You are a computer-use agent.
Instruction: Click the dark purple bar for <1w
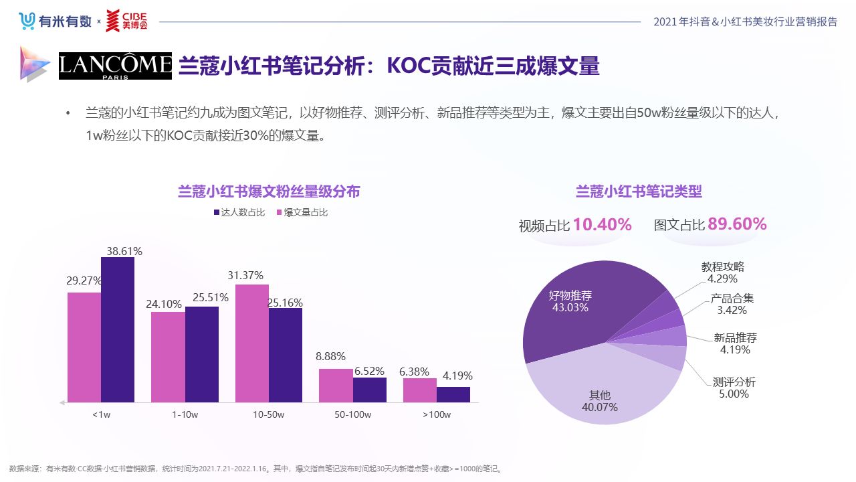[118, 329]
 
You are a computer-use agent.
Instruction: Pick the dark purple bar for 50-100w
[370, 390]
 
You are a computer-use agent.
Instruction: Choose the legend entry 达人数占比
[239, 213]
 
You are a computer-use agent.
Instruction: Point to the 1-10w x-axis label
[185, 414]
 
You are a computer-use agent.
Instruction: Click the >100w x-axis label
[437, 414]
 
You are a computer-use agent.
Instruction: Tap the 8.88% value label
[330, 356]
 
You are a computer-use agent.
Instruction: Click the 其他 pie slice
[595, 395]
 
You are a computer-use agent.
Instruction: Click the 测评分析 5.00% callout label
[734, 388]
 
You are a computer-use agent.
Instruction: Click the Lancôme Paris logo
[115, 66]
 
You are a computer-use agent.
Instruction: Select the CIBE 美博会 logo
[126, 21]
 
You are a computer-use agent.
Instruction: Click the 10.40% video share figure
[602, 225]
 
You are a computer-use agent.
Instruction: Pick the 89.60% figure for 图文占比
[737, 224]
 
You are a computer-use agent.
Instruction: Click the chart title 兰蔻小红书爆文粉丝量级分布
[269, 192]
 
